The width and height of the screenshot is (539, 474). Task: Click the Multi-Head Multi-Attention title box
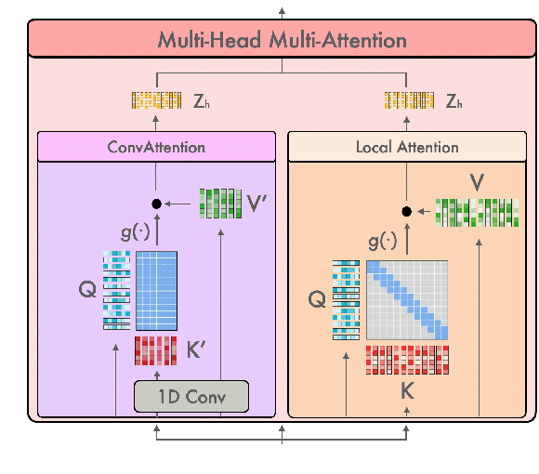(282, 41)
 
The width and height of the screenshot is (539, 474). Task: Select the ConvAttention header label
(156, 147)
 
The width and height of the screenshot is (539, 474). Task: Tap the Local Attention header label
(407, 147)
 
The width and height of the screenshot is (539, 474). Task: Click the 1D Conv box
(192, 397)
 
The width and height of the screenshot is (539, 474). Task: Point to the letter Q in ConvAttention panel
(88, 290)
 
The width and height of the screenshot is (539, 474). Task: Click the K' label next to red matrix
(195, 352)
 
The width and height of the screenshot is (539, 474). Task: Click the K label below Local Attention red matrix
(407, 390)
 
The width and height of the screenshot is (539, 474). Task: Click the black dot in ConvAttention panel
(156, 204)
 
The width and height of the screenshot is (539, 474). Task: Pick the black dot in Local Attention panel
(406, 211)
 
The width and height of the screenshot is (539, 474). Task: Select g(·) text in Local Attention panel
(383, 243)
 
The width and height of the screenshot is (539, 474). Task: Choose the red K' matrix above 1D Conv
(155, 352)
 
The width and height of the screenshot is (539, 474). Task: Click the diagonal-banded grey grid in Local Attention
(407, 299)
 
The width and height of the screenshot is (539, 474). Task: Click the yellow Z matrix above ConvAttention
(155, 99)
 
